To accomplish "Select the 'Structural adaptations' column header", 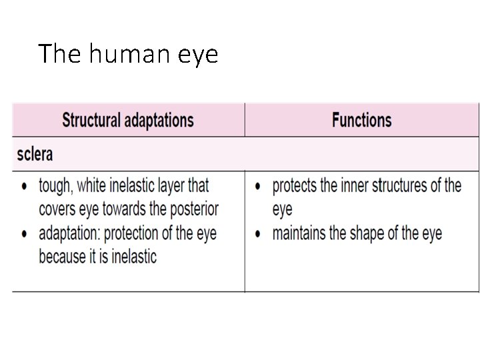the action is pos(128,121).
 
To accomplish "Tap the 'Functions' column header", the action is pos(361,121).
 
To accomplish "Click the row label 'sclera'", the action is pos(35,155).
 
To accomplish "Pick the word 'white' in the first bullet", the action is pos(97,185).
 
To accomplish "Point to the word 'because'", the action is pos(63,256).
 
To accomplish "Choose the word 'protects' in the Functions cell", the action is pos(295,185).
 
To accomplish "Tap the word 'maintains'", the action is pos(299,234).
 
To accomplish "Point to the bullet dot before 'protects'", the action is pos(257,187).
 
